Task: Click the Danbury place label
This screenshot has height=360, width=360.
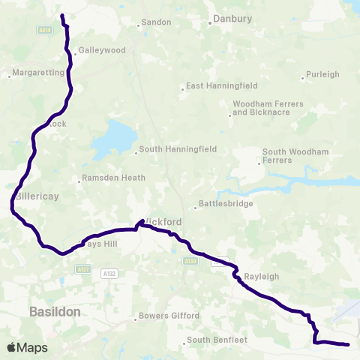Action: pyautogui.click(x=234, y=19)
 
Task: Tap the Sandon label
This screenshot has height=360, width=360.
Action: pyautogui.click(x=157, y=23)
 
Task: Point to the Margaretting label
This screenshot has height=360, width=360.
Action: pyautogui.click(x=37, y=75)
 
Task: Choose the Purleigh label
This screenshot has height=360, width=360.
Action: pyautogui.click(x=323, y=75)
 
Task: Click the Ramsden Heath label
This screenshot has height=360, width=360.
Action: pyautogui.click(x=111, y=179)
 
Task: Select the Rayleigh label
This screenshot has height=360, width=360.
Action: pyautogui.click(x=261, y=277)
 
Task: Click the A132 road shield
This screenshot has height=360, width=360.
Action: pyautogui.click(x=109, y=274)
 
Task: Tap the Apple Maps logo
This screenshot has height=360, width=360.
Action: pyautogui.click(x=27, y=347)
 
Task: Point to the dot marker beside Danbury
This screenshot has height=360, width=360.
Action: pyautogui.click(x=211, y=22)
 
